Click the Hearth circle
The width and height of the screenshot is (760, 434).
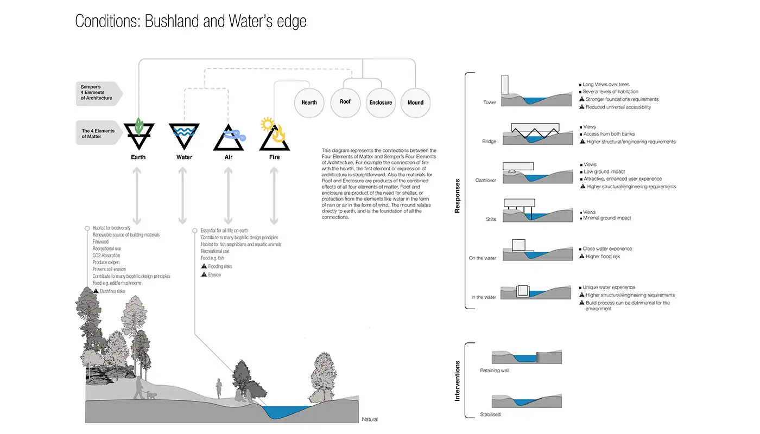click(x=309, y=102)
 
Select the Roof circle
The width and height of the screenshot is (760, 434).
click(x=345, y=101)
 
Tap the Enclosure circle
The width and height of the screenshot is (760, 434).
click(x=381, y=102)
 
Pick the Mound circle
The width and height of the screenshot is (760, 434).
click(x=415, y=102)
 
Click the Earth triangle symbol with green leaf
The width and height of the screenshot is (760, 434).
click(x=138, y=135)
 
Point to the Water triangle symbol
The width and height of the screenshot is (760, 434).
click(x=184, y=135)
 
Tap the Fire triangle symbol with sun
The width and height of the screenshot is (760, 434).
click(x=274, y=135)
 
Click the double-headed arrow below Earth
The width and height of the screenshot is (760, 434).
click(x=137, y=196)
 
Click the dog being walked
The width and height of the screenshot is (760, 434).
click(x=151, y=395)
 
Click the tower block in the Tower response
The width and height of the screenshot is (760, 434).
click(x=504, y=86)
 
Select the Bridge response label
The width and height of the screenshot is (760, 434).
click(x=489, y=142)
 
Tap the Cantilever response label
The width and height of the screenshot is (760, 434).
click(x=485, y=180)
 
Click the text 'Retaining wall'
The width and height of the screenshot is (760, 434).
click(x=495, y=371)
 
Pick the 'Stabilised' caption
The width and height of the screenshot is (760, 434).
click(x=490, y=414)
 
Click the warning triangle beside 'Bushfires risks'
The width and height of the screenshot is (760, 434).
click(x=96, y=291)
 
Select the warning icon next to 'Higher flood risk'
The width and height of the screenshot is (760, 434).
click(x=581, y=257)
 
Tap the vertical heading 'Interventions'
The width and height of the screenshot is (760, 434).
click(x=457, y=381)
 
